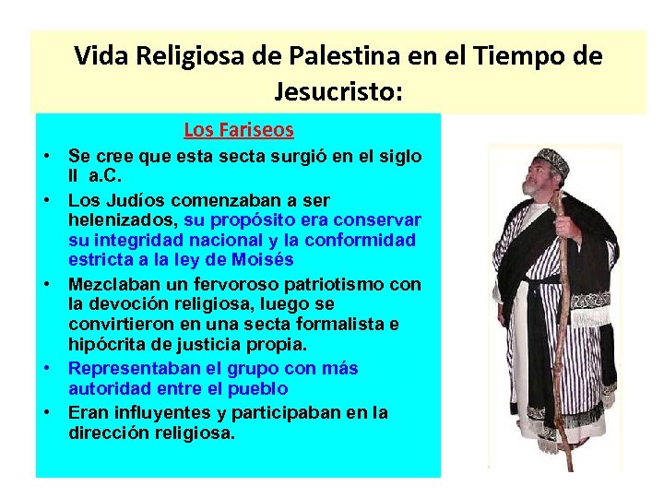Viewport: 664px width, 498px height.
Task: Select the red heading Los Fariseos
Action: pos(238,130)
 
